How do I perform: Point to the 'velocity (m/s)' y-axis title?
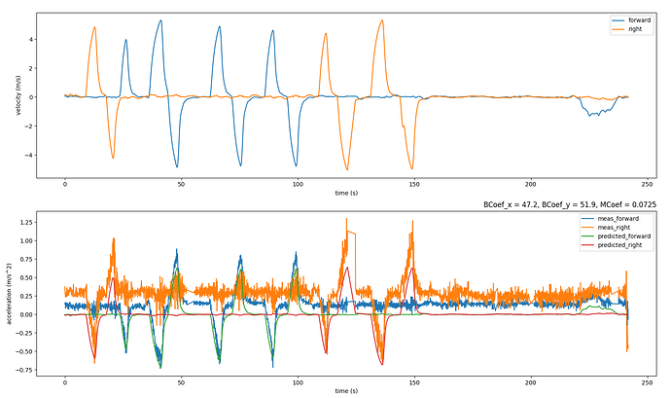(18, 95)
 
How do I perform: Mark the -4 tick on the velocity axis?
(30, 155)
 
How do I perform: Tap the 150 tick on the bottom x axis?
(414, 380)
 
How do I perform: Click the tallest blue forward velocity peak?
(159, 19)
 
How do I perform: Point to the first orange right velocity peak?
(94, 27)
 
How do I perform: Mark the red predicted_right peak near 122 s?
(347, 268)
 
